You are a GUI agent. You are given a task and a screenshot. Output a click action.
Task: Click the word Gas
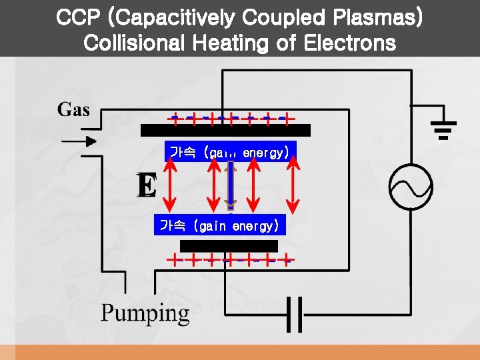click(73, 109)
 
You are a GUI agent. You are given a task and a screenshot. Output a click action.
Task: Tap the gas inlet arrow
click(78, 141)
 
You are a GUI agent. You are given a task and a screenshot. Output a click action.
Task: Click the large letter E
click(147, 185)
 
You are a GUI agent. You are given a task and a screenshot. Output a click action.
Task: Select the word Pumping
click(145, 313)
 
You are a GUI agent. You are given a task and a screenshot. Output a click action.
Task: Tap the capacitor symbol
click(294, 313)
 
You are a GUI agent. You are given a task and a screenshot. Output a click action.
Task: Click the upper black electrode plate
click(225, 130)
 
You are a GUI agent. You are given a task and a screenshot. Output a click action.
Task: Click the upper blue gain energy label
click(229, 153)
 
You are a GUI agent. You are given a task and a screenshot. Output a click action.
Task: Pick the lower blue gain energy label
click(218, 226)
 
